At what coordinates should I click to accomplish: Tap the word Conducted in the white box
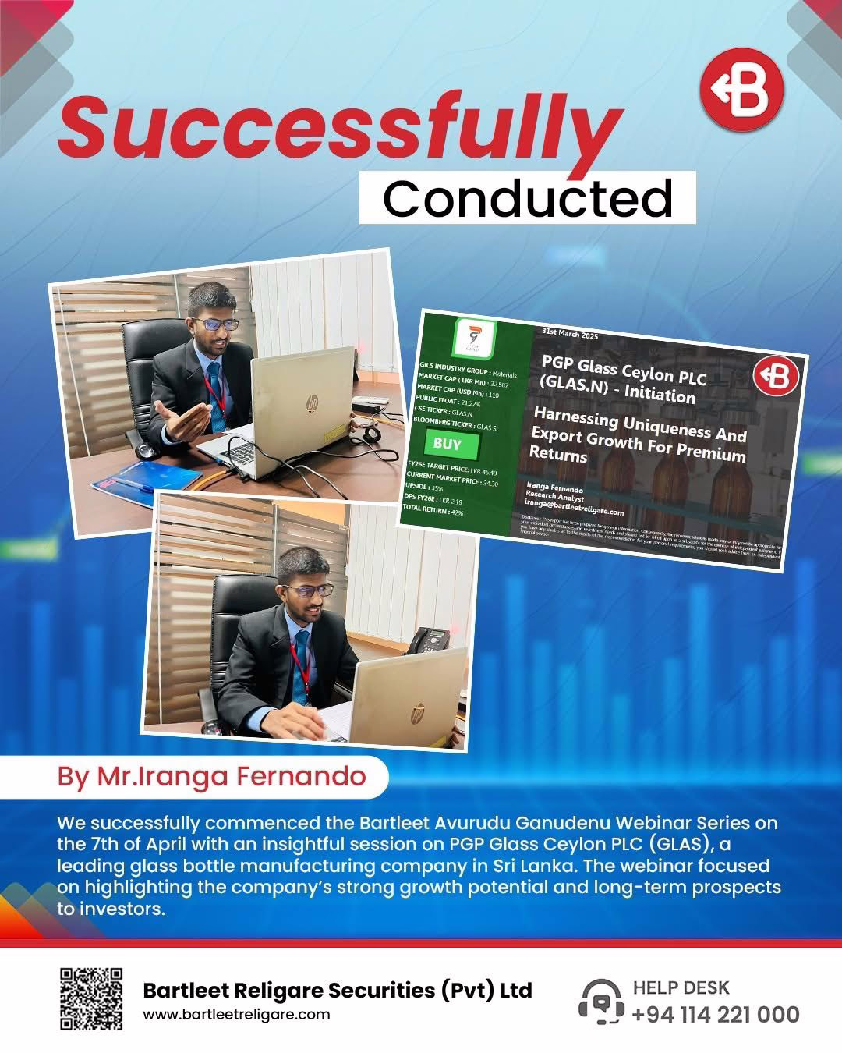coord(527,198)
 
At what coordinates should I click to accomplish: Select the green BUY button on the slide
coord(447,444)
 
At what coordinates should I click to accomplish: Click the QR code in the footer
coord(91,998)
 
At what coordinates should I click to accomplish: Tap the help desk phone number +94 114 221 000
coord(715,1014)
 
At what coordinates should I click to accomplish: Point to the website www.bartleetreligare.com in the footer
coord(236,1015)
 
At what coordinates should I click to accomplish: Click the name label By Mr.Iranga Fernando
coord(211,776)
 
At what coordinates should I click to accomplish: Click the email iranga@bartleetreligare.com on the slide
coord(575,511)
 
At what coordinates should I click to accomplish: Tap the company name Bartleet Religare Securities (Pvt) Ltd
coord(338,991)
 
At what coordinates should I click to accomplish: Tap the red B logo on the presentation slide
coord(776,377)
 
